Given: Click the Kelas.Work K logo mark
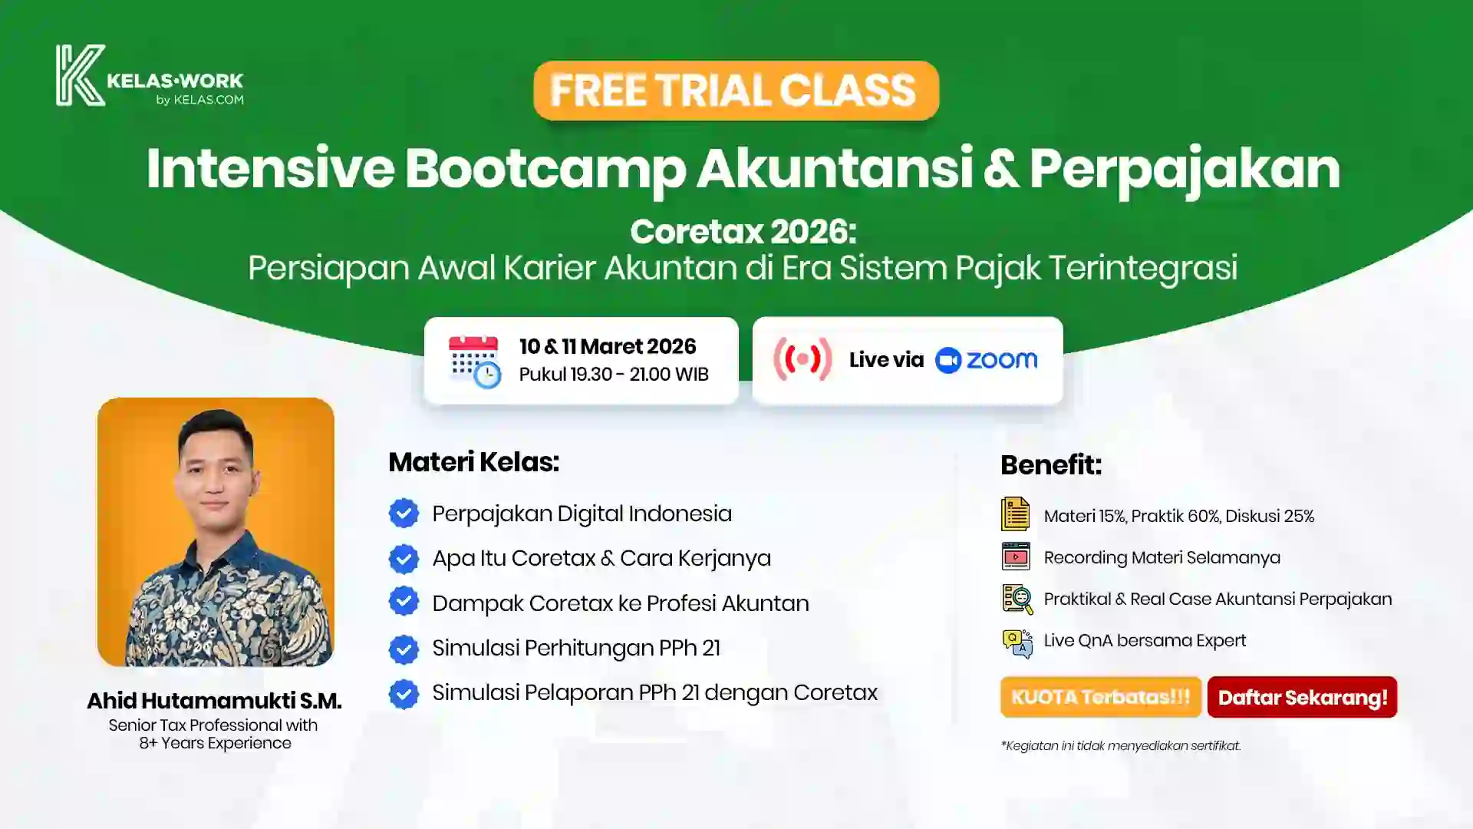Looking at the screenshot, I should click(80, 74).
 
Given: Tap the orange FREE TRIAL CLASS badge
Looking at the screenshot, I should click(736, 91).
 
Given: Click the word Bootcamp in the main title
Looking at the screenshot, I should click(545, 169).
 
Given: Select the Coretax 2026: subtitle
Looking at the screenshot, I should click(743, 231).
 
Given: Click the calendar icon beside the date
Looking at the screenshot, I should click(474, 361).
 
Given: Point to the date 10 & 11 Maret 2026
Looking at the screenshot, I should click(608, 347).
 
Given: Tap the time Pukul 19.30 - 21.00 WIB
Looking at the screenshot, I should click(614, 375).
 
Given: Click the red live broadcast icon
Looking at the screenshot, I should click(802, 359).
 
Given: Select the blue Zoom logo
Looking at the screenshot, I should click(987, 360).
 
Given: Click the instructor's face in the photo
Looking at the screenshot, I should click(216, 476).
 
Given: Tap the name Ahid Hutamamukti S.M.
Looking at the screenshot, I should click(214, 701).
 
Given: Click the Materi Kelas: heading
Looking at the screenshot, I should click(473, 462).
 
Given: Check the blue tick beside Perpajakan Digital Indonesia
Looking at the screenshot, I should click(404, 514).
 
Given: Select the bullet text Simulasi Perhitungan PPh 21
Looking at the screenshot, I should click(576, 648).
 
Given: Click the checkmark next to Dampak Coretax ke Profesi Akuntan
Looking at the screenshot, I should click(404, 603).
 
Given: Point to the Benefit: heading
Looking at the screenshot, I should click(1050, 464).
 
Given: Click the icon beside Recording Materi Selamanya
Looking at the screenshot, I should click(1016, 557).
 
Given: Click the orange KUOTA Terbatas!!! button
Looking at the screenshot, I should click(1100, 697).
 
